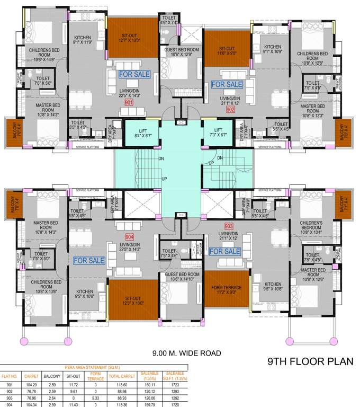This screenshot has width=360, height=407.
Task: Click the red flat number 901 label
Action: point(129,103)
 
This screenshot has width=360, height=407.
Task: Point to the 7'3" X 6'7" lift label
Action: point(218,132)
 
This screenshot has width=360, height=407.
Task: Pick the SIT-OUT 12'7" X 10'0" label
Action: point(130,37)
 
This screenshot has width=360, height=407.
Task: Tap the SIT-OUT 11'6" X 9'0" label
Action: point(227,50)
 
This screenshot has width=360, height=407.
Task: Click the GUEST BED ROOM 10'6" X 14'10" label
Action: point(182,277)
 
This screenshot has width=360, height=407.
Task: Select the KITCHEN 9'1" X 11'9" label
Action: point(84,40)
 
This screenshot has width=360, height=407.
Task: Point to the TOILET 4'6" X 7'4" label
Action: point(170,20)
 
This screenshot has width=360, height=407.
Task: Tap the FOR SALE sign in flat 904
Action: point(89,260)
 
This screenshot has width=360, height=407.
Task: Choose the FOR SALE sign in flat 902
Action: point(227,84)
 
